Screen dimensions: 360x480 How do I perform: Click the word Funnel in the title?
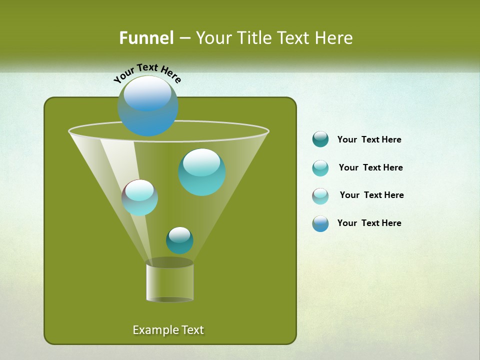tap(146, 38)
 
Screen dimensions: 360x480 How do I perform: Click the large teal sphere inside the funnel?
tap(202, 172)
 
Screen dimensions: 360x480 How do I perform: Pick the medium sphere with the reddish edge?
tap(140, 198)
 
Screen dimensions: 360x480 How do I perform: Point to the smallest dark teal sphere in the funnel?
tap(179, 240)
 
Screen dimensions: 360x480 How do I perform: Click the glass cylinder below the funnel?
tap(170, 281)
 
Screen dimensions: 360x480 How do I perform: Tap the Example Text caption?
tap(168, 330)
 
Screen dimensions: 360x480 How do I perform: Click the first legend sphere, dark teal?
tap(320, 139)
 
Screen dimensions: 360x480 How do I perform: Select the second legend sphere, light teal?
tap(320, 168)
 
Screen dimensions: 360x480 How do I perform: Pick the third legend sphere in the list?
tap(320, 196)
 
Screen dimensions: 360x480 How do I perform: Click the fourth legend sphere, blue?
tap(320, 223)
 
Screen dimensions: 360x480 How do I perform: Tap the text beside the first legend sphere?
tap(369, 139)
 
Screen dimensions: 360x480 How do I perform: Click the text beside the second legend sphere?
tap(370, 167)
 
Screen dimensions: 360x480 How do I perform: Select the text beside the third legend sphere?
tap(371, 195)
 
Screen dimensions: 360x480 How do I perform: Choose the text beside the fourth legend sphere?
tap(369, 223)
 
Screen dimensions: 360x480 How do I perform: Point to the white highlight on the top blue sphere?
tap(147, 93)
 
